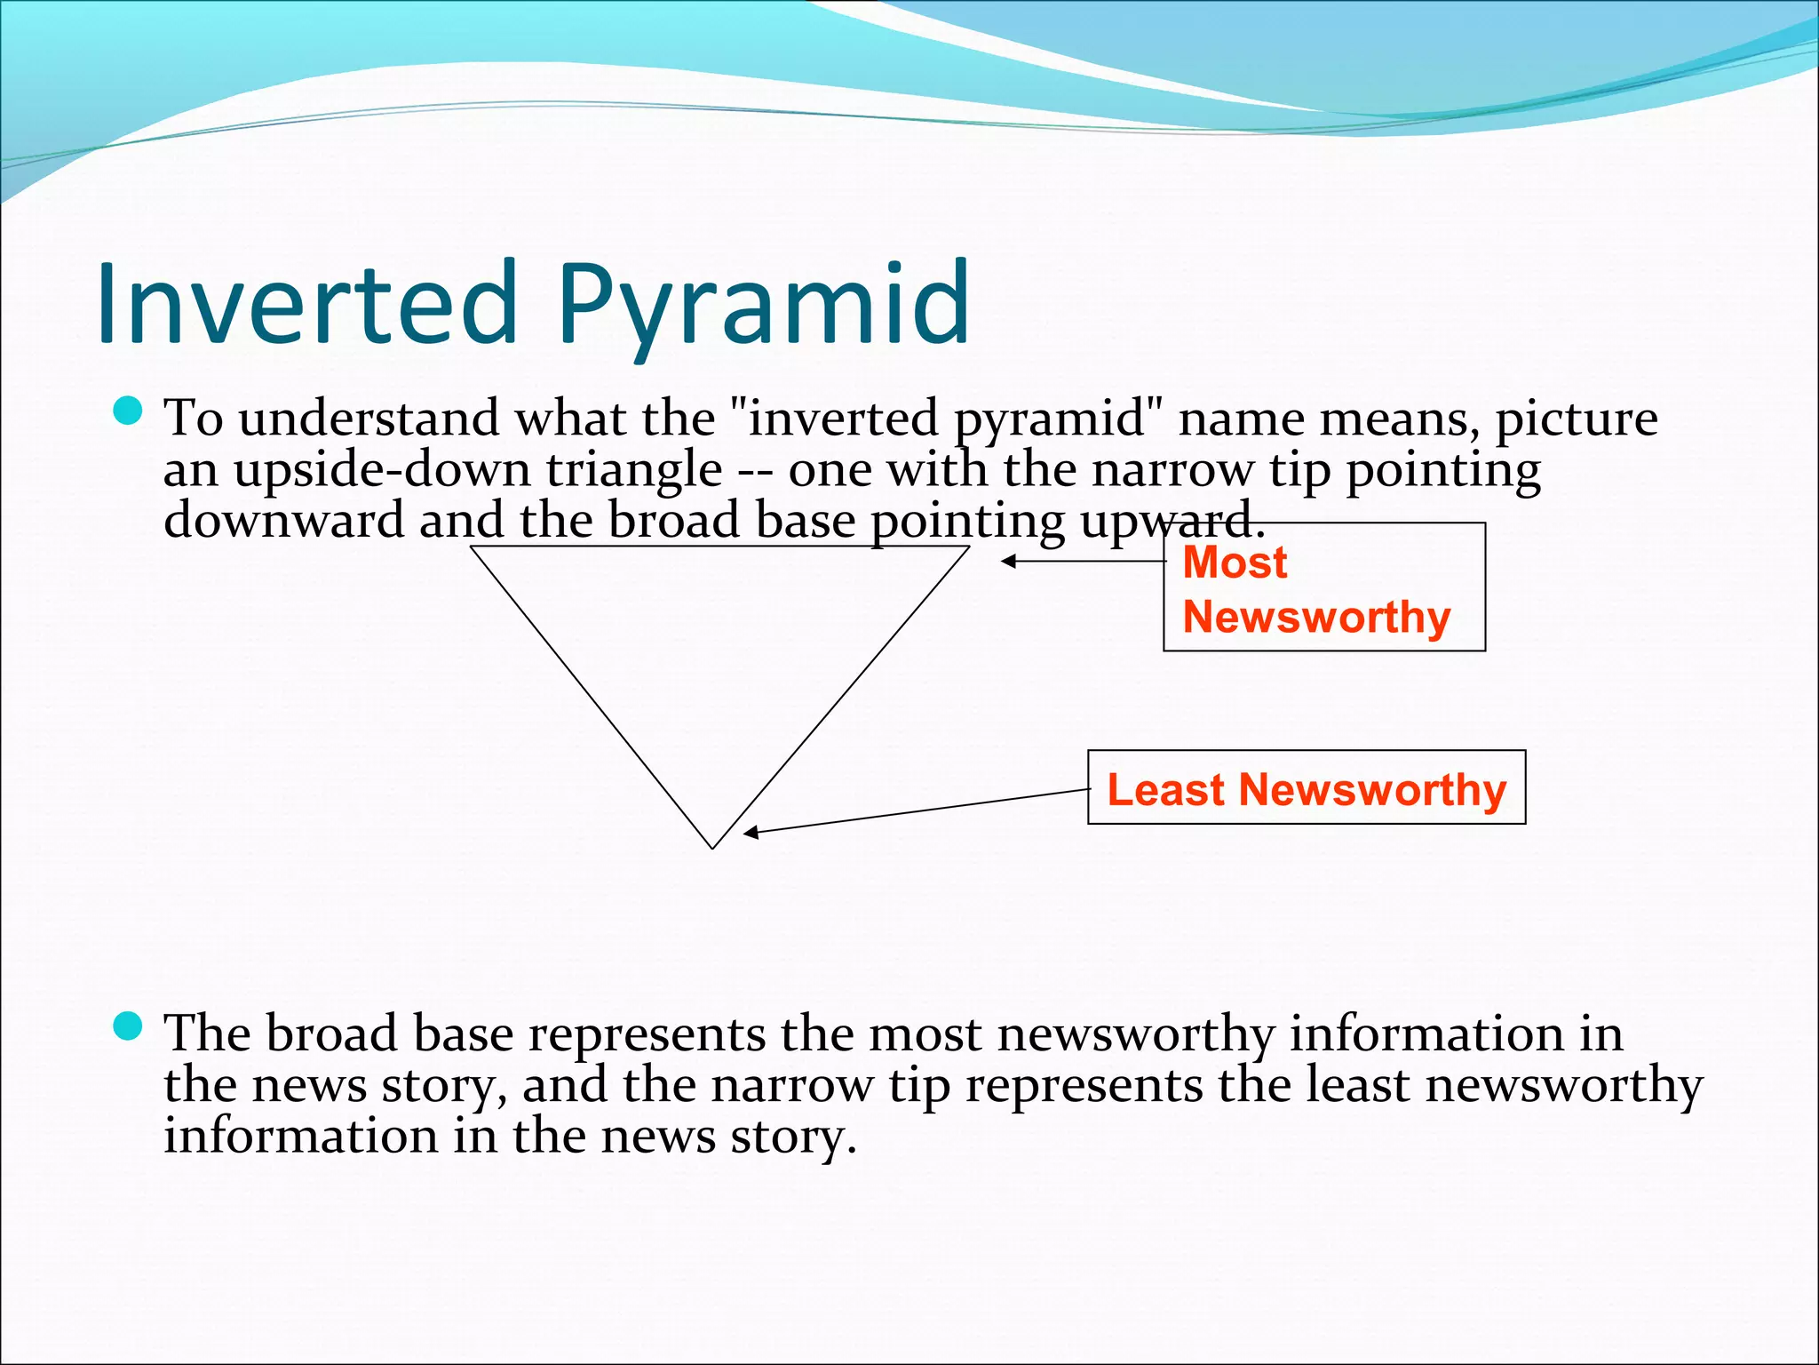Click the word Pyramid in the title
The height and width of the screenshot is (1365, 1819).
pyautogui.click(x=764, y=307)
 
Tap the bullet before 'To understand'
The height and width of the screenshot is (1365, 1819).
pyautogui.click(x=129, y=411)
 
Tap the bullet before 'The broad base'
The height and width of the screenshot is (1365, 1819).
pyautogui.click(x=129, y=1026)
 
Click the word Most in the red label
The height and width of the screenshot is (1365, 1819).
pyautogui.click(x=1235, y=563)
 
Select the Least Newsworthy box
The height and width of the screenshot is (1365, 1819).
pyautogui.click(x=1307, y=787)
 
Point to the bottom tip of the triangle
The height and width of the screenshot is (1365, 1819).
pyautogui.click(x=712, y=847)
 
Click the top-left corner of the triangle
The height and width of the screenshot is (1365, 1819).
pyautogui.click(x=472, y=547)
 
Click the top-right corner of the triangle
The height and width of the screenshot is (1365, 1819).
pyautogui.click(x=968, y=547)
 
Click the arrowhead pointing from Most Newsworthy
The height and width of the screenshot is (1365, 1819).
pyautogui.click(x=1007, y=562)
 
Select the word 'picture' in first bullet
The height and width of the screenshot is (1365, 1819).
pyautogui.click(x=1577, y=419)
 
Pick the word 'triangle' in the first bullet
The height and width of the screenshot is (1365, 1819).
pyautogui.click(x=634, y=471)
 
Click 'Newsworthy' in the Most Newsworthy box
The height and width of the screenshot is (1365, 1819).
pyautogui.click(x=1316, y=617)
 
